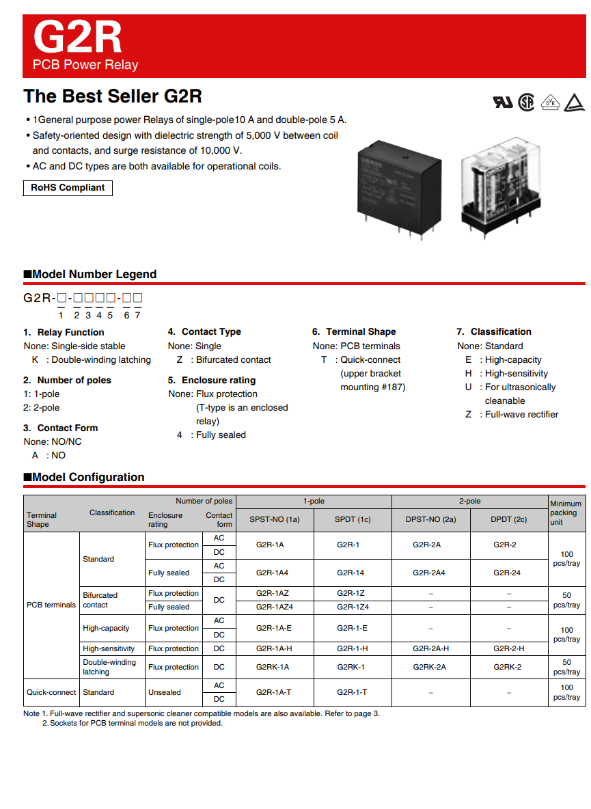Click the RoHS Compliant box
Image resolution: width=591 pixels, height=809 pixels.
pos(68,188)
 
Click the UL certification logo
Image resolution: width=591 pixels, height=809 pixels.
pos(502,102)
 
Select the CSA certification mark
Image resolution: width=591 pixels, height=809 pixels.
pos(525,102)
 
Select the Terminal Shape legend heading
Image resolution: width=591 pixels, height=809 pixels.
pos(354,331)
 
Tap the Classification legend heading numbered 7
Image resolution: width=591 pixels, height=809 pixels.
pos(493,331)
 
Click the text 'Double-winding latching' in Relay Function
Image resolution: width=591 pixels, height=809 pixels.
pos(101,359)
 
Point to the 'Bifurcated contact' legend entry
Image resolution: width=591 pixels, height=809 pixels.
pos(233,359)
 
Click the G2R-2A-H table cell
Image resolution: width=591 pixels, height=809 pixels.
pos(430,648)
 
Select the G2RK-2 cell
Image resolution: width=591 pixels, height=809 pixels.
pos(509,667)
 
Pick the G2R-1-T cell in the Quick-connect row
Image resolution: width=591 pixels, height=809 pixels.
pos(352,692)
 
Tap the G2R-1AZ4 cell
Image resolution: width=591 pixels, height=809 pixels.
pos(274,607)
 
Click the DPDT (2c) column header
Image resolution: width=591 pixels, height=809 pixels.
pos(509,519)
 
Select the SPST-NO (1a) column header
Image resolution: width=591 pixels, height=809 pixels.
pos(274,519)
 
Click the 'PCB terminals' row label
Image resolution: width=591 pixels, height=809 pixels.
pos(51,605)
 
